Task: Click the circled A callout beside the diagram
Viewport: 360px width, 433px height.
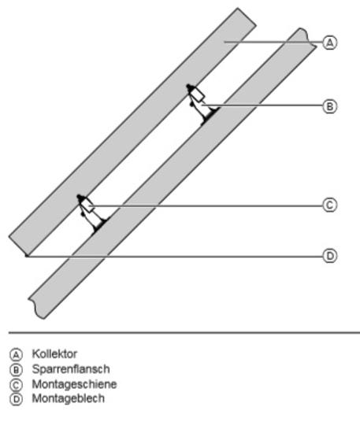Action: [x=330, y=43]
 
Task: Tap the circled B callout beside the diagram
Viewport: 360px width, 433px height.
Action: [x=330, y=106]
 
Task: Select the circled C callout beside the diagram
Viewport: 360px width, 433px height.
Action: [x=330, y=205]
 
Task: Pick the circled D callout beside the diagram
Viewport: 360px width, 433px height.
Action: [x=330, y=256]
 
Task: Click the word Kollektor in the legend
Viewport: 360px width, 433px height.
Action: [x=54, y=353]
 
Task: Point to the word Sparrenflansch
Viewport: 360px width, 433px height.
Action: [x=71, y=369]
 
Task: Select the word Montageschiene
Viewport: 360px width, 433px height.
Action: [x=74, y=384]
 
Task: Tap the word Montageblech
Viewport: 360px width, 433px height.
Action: [x=69, y=398]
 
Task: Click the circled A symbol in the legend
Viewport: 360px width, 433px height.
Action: [x=16, y=354]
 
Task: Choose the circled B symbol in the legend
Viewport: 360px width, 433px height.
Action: [x=16, y=370]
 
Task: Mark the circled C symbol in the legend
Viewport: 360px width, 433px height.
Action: [x=16, y=385]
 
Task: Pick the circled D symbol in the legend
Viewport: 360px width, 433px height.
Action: [x=16, y=400]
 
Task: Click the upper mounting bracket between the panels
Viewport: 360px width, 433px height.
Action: [x=202, y=104]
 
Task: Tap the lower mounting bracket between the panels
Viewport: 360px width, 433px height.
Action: [x=91, y=213]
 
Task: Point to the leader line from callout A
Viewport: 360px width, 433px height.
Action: [x=273, y=43]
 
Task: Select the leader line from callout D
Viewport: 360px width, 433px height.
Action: [x=175, y=257]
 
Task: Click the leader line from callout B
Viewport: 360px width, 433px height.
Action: [x=262, y=105]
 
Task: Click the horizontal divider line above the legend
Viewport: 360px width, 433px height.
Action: [x=184, y=333]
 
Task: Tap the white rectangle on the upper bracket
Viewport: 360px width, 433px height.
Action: [x=198, y=95]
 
